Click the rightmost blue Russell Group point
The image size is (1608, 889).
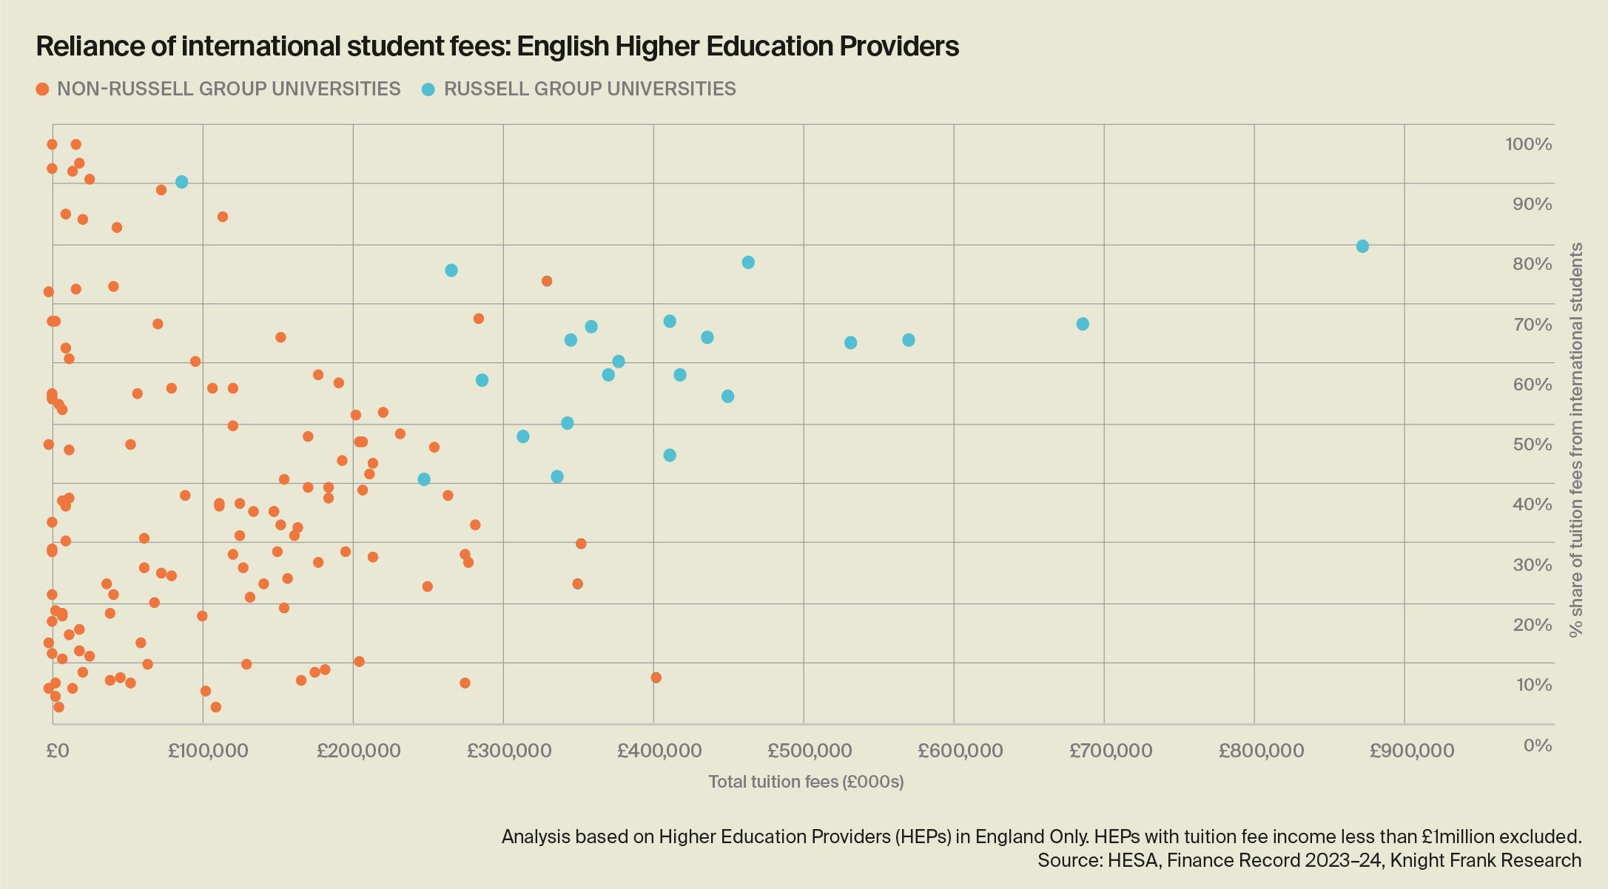(x=1362, y=246)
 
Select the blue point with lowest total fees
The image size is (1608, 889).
(x=181, y=182)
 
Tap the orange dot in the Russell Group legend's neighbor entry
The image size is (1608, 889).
(x=42, y=89)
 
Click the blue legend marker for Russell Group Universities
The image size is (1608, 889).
(x=428, y=89)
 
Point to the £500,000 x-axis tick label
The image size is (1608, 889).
(x=810, y=751)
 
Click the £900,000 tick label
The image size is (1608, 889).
(x=1411, y=751)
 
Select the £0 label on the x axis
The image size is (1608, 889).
(x=57, y=751)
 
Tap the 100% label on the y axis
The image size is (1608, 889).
(x=1528, y=144)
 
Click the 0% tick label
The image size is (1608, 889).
(x=1537, y=745)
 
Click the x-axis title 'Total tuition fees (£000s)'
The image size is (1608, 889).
(x=806, y=782)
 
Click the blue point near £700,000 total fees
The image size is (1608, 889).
(x=1083, y=324)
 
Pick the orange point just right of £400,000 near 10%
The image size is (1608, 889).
(x=656, y=677)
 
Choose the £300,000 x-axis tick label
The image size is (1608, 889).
(x=509, y=751)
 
